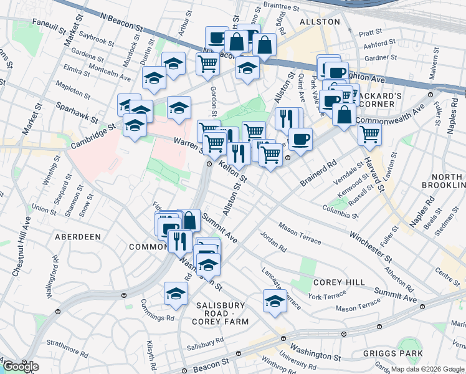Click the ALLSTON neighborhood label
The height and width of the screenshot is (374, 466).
[320, 22]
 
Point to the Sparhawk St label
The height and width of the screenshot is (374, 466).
[77, 112]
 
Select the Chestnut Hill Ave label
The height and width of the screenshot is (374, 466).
[22, 241]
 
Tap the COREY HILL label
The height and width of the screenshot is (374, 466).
[339, 282]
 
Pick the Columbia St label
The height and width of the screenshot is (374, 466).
[340, 212]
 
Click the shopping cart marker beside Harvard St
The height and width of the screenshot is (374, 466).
[370, 133]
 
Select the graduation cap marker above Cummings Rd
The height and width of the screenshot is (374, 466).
[176, 294]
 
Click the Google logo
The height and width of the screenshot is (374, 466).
[21, 367]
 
